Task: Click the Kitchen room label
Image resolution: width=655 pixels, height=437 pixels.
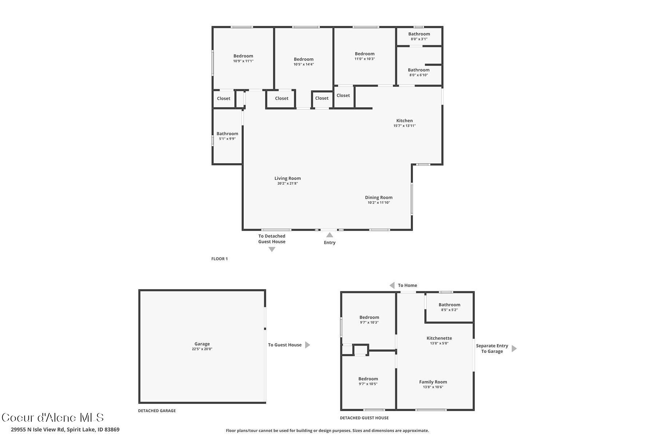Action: point(404,121)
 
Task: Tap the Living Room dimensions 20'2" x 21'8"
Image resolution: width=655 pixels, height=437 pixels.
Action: point(287,184)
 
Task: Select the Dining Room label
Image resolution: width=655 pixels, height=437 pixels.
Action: point(378,197)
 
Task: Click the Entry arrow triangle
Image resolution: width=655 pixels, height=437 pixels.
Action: point(330,235)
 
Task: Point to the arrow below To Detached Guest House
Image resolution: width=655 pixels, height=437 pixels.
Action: point(272,249)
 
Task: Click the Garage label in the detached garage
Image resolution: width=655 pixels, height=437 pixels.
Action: point(202,344)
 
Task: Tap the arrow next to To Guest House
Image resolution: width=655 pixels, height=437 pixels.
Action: point(307,345)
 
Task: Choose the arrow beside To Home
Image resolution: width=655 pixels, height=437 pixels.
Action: point(392,286)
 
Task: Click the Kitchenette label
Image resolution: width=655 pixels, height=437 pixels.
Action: point(439,338)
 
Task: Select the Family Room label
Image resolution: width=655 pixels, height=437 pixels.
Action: point(433,382)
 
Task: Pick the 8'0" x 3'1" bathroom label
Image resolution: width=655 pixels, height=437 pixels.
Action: point(419,34)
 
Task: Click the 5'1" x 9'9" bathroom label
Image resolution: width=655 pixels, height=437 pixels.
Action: point(227,134)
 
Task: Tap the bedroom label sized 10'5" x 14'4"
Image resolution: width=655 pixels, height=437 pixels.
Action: point(303,59)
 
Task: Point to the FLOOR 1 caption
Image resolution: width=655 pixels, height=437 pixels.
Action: point(219,259)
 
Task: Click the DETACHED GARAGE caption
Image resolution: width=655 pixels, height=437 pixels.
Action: point(157,411)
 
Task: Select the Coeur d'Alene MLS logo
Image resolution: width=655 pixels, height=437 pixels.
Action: point(53,418)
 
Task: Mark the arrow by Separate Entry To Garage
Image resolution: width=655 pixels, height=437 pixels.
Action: point(514,349)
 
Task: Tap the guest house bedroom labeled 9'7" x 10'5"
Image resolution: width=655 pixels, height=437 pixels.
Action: point(368,379)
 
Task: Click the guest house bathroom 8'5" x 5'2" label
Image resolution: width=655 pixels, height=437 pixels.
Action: point(449,305)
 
